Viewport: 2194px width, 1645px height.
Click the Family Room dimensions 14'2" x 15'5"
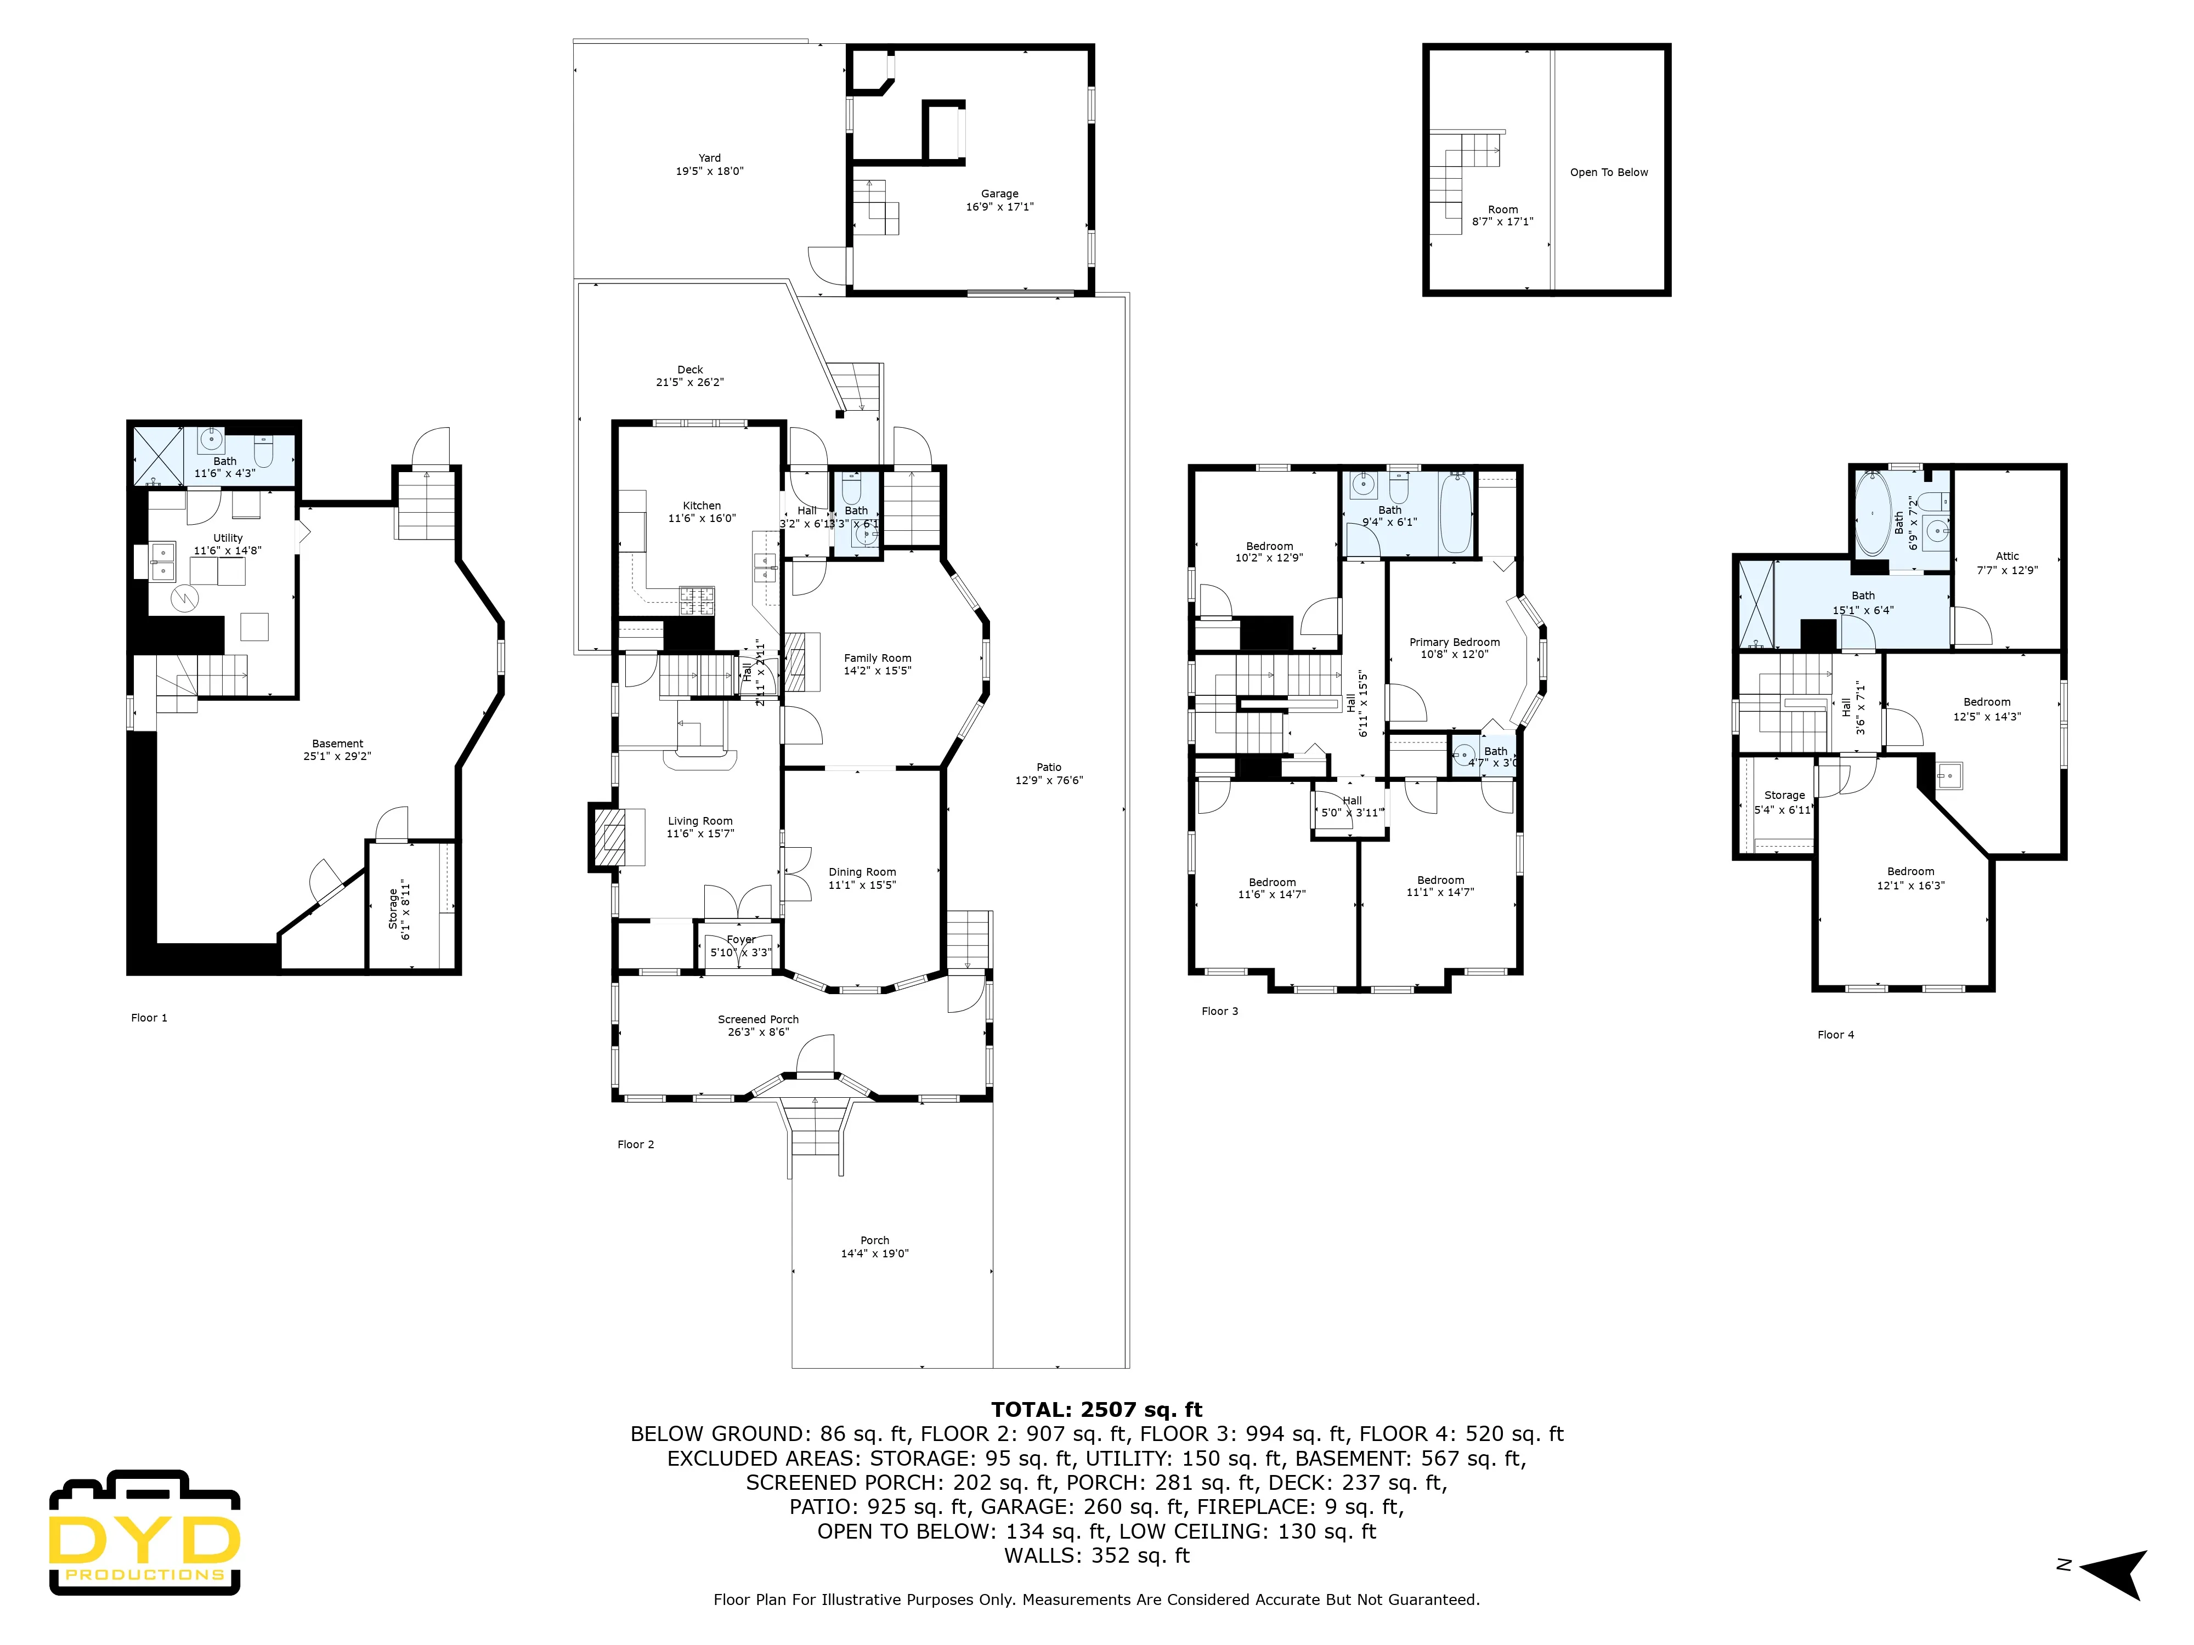[877, 671]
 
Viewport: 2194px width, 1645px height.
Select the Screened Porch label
[758, 1019]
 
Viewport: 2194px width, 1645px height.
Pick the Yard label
[709, 158]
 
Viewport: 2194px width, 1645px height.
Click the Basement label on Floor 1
[337, 744]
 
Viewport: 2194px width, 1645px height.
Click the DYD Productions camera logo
[145, 1532]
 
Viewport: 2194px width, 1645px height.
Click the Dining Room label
[862, 872]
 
